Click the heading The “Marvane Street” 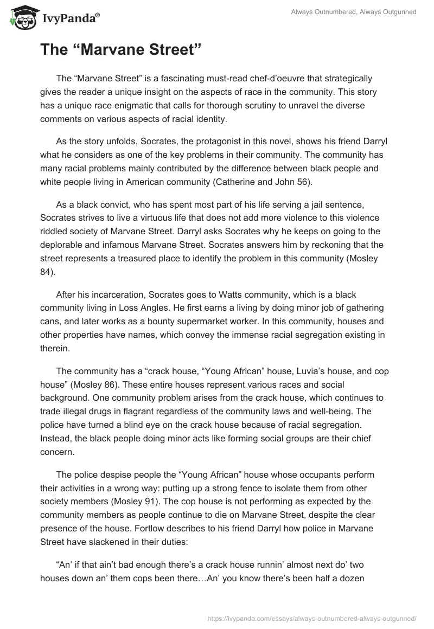click(122, 50)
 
